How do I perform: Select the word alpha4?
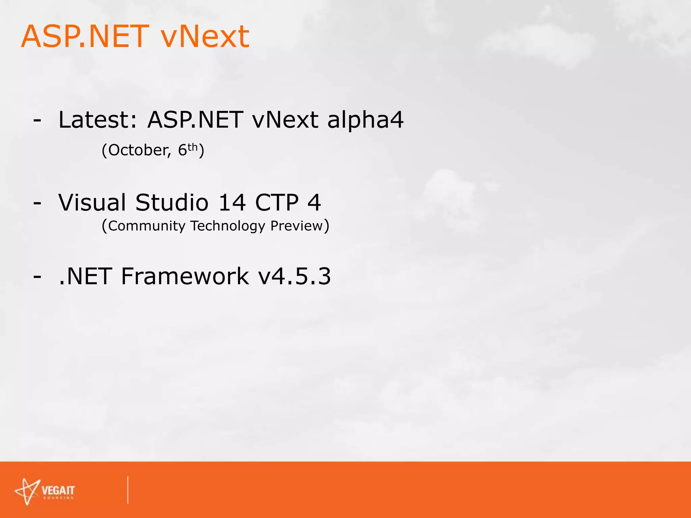tap(365, 120)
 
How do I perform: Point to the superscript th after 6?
tap(192, 147)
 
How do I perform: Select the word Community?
tap(147, 226)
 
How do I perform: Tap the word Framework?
tap(185, 276)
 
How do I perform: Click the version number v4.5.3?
tap(295, 276)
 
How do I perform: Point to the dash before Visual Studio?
tap(37, 203)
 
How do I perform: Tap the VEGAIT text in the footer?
tap(58, 491)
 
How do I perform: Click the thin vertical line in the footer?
tap(128, 490)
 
